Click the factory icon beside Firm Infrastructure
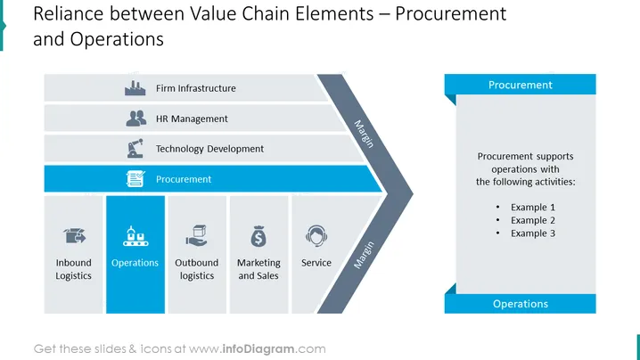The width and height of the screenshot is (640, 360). click(135, 87)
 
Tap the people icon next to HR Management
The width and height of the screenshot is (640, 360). click(135, 119)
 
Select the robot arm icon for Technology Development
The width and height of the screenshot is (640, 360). click(135, 148)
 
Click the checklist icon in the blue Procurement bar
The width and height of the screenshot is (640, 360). click(135, 179)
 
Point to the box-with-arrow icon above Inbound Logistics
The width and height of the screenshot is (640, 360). click(74, 236)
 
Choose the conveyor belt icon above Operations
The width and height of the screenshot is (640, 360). click(135, 236)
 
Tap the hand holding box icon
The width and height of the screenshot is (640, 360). click(197, 235)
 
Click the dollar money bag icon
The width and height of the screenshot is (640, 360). click(258, 236)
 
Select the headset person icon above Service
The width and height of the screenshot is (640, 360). click(316, 235)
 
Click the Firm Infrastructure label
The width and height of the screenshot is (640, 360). click(196, 88)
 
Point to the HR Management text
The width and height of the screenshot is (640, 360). click(192, 119)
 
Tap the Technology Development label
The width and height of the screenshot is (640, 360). click(209, 149)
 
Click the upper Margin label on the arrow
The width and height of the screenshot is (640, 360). click(364, 134)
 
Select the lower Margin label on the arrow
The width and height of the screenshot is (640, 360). click(364, 255)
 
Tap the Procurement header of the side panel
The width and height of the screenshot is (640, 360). click(520, 85)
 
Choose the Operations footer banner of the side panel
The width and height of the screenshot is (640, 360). click(520, 304)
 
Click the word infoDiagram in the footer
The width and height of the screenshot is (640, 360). click(258, 349)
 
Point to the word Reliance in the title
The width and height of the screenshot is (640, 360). click(68, 14)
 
